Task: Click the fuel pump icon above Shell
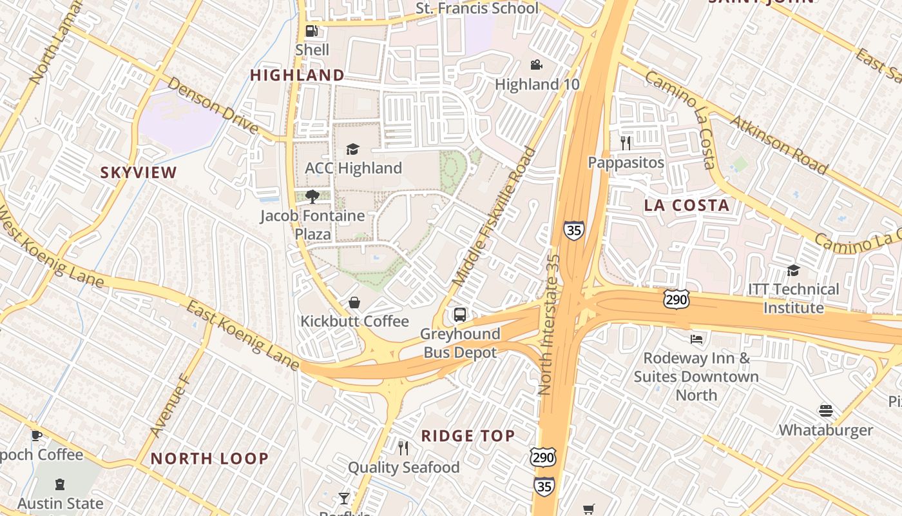coord(312,30)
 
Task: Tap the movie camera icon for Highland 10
coord(536,64)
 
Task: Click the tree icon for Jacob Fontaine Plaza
coord(312,196)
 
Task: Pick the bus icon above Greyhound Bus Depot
coord(459,315)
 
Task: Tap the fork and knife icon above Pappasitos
coord(625,143)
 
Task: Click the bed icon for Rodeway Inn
coord(696,339)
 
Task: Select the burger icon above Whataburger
coord(826,411)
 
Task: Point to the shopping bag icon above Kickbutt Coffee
coord(354,302)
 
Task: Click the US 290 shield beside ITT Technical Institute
coord(676,299)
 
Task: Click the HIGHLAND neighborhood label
coord(298,75)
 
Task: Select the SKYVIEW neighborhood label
coord(139,172)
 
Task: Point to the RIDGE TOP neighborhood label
coord(468,436)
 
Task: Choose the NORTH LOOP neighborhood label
coord(209,459)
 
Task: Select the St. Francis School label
coord(477,8)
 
